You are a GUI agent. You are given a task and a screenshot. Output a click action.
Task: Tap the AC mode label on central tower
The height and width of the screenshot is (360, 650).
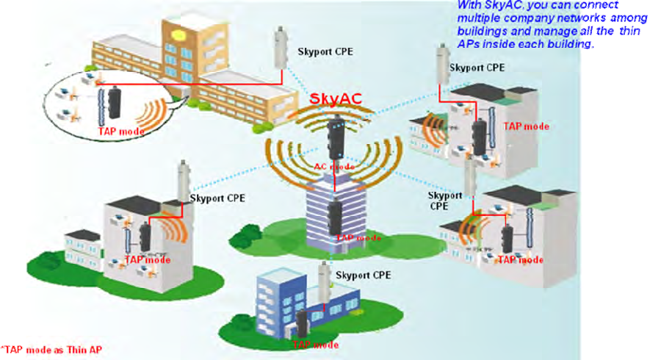click(x=334, y=167)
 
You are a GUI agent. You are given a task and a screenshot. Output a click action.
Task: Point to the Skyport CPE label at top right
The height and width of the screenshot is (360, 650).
click(x=477, y=68)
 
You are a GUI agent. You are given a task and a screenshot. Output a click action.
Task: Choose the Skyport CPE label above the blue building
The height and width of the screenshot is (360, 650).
click(x=363, y=275)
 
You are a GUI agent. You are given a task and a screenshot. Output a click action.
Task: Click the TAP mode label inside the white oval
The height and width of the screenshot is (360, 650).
click(x=120, y=132)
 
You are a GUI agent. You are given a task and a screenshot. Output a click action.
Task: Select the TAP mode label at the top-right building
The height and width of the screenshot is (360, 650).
click(x=526, y=126)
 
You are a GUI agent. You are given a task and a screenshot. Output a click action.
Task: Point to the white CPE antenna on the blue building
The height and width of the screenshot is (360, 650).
click(x=322, y=281)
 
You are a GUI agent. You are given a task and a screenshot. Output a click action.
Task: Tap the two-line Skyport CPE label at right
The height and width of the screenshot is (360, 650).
click(x=445, y=201)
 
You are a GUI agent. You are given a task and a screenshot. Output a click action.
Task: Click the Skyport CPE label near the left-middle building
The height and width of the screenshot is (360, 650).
click(x=218, y=198)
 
